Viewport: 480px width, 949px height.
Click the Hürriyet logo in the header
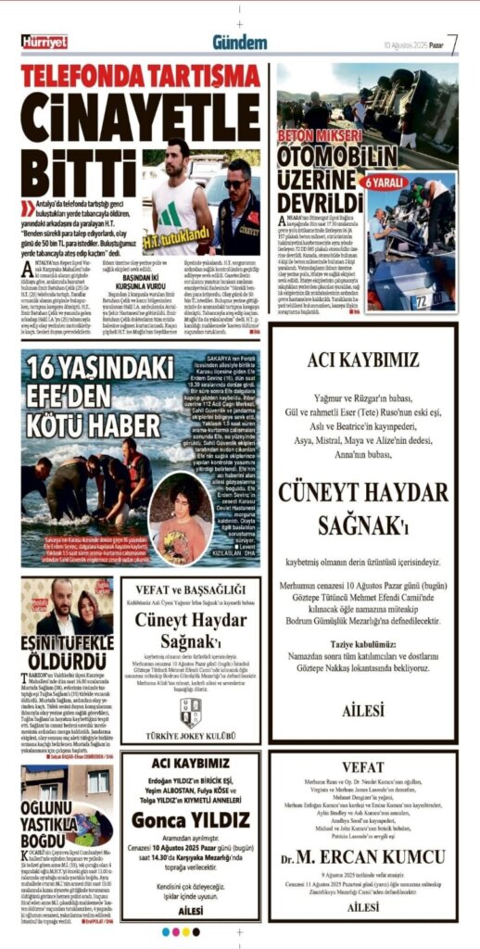point(44,42)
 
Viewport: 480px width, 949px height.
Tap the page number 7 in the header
point(452,43)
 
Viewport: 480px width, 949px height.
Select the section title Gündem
point(239,43)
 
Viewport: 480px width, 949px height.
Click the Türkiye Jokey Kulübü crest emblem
point(190,711)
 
